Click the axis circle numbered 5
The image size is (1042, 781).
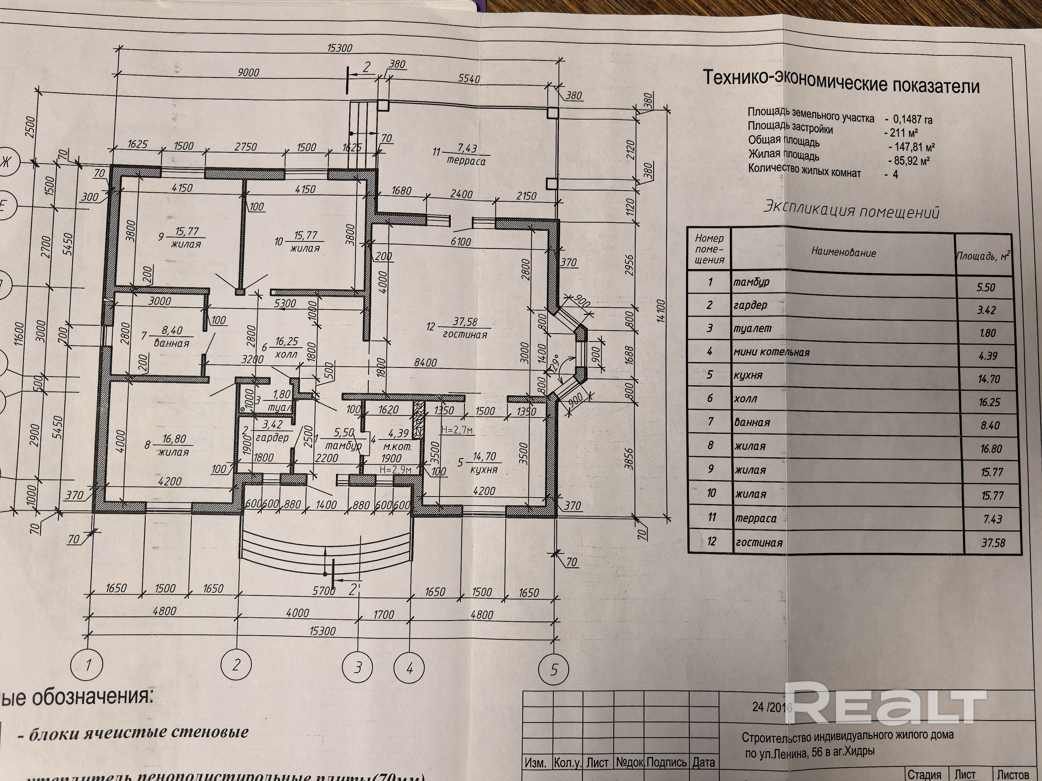(x=554, y=669)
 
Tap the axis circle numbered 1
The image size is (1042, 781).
(x=88, y=665)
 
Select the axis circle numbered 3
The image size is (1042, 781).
(x=358, y=667)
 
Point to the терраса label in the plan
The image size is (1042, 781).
(x=466, y=161)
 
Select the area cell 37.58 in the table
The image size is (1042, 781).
(x=993, y=543)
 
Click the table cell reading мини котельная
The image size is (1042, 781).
(x=771, y=352)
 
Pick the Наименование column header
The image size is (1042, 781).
(x=843, y=252)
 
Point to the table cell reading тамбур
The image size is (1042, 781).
(x=751, y=282)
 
